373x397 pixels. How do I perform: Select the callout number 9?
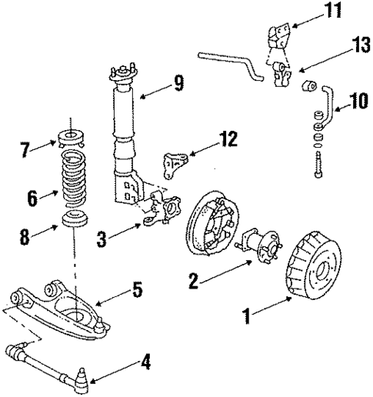[x=178, y=83]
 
